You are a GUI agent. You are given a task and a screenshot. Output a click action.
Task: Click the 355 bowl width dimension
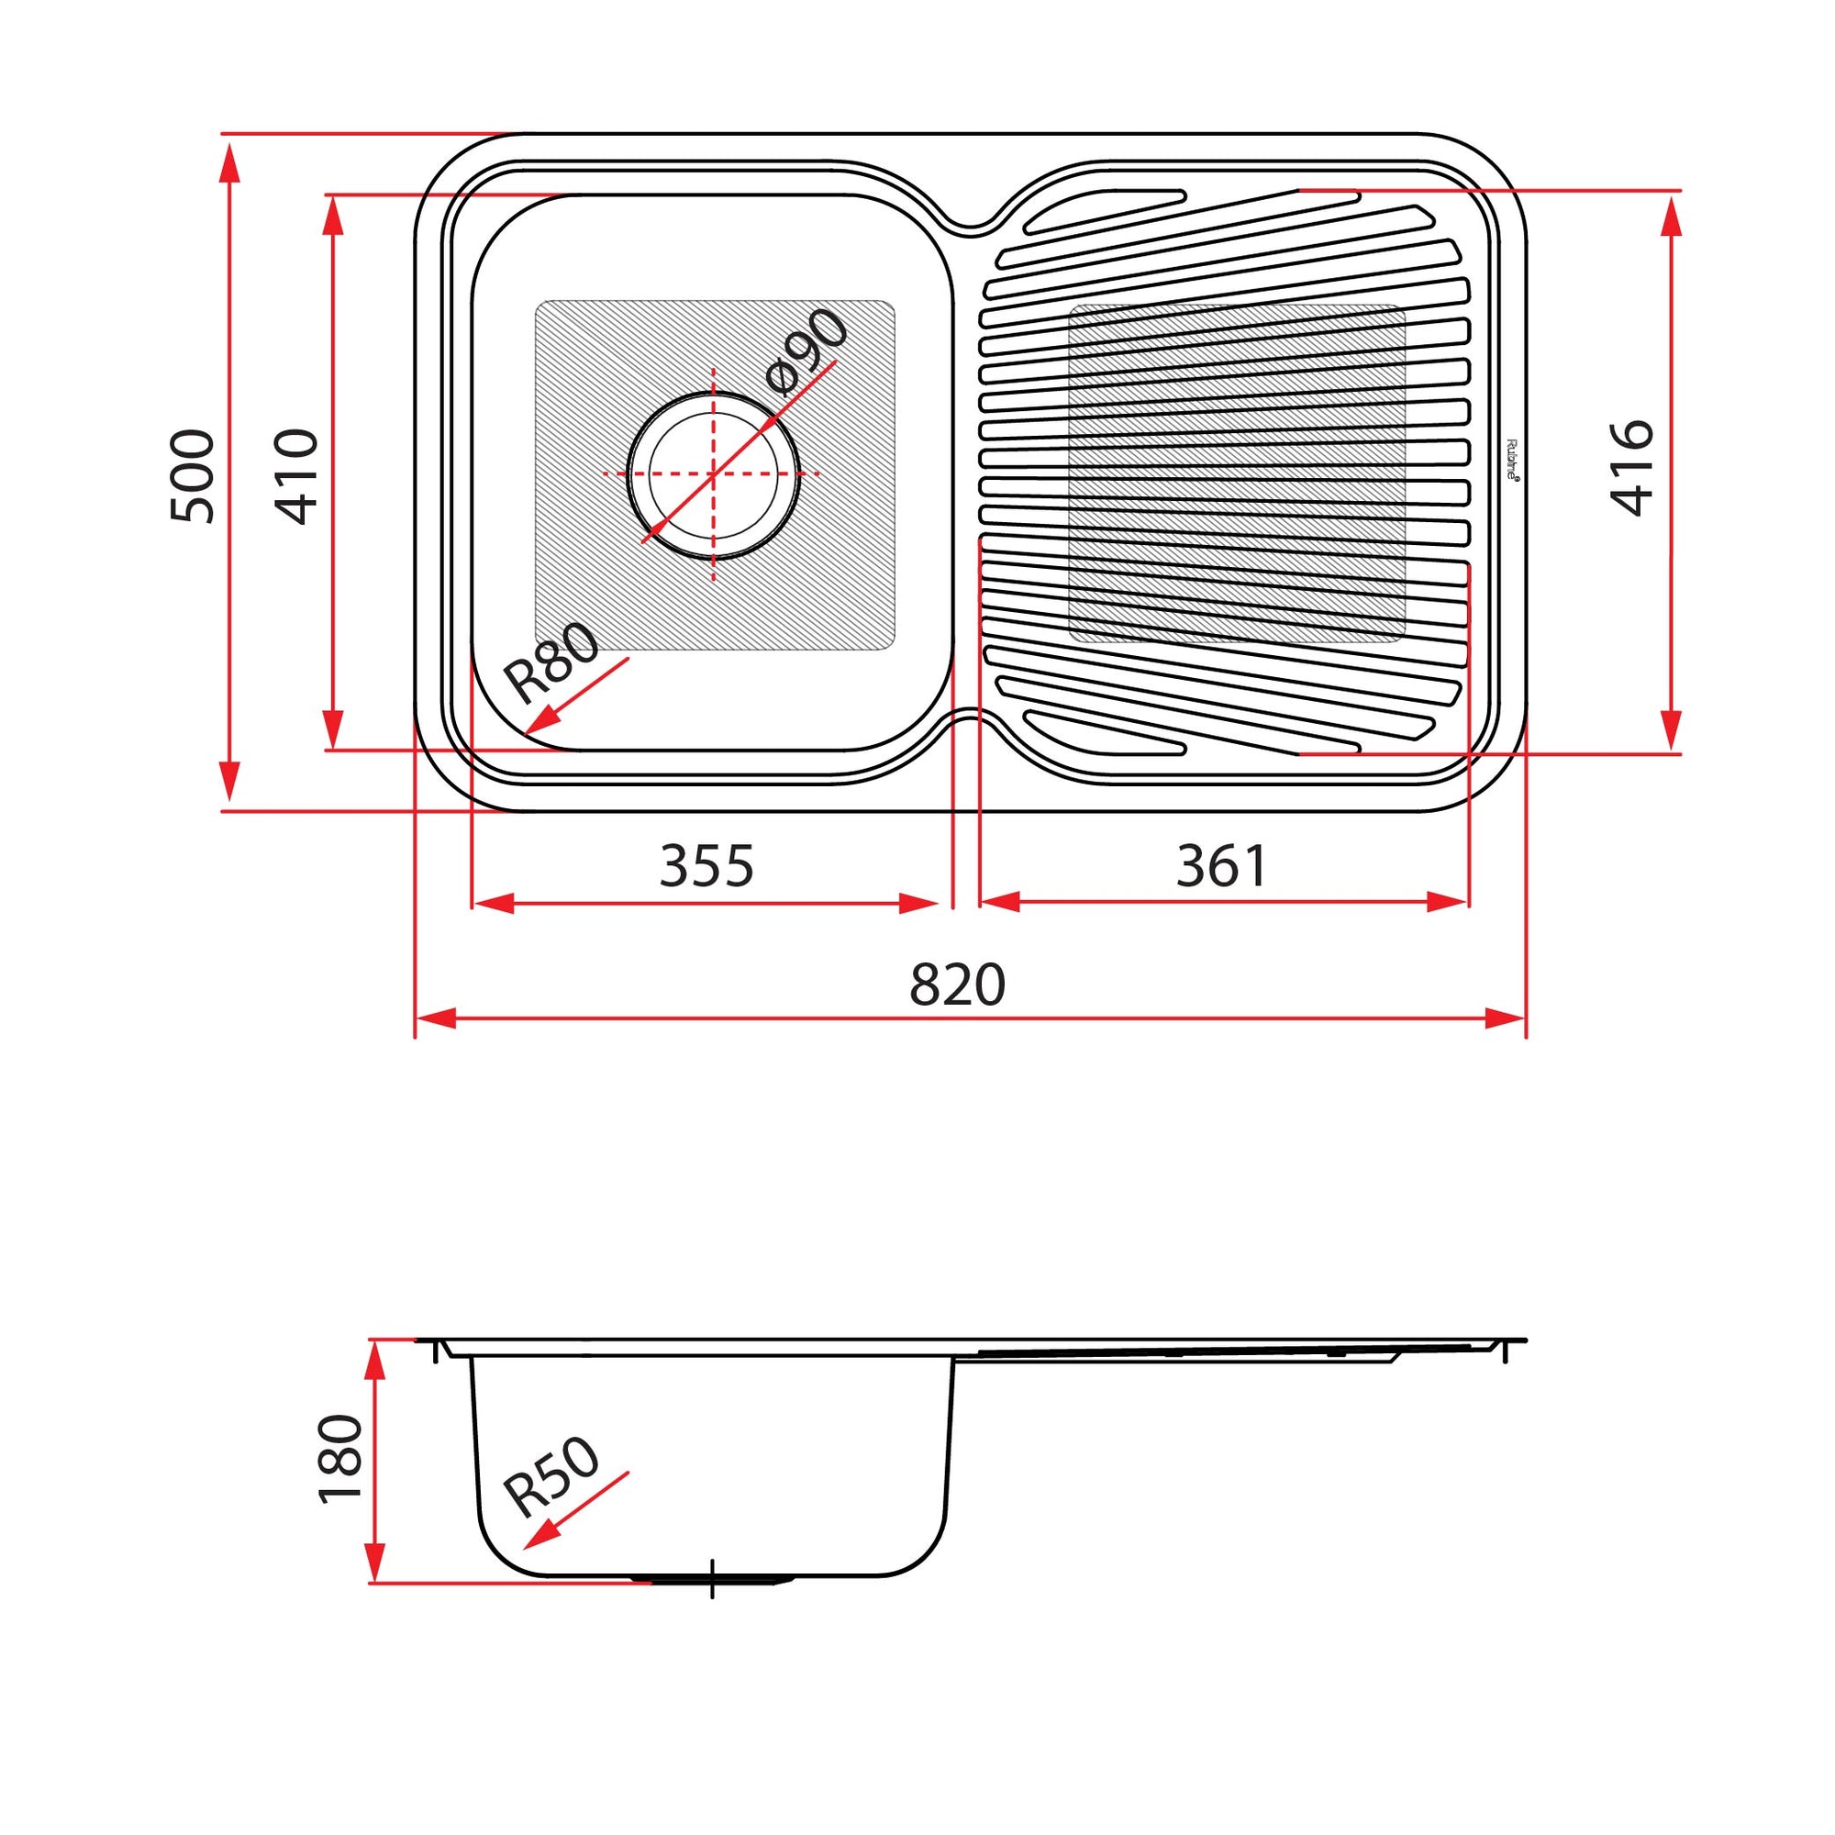click(706, 866)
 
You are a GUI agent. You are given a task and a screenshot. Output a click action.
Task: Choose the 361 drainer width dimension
click(1221, 866)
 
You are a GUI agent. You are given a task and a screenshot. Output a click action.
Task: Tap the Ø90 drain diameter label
click(806, 350)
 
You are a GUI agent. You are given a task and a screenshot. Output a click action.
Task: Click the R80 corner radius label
click(551, 662)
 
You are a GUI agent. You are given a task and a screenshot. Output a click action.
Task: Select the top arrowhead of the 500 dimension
click(228, 163)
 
